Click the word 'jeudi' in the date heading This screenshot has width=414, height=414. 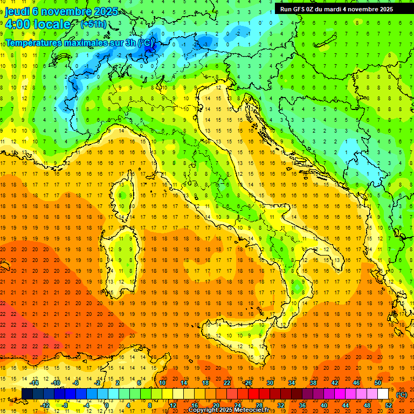tap(18, 11)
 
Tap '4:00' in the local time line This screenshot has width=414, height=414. tap(17, 25)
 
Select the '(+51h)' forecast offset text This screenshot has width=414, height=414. tap(93, 24)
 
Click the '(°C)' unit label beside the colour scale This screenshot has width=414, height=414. tap(402, 395)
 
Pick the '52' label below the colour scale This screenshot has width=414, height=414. tap(389, 405)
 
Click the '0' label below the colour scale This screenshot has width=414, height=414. tap(107, 405)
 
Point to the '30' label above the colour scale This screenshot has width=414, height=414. tap(270, 383)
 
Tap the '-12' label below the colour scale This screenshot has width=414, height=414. tap(46, 405)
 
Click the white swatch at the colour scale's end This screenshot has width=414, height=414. tap(383, 394)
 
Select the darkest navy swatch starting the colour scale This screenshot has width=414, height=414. tap(27, 394)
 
